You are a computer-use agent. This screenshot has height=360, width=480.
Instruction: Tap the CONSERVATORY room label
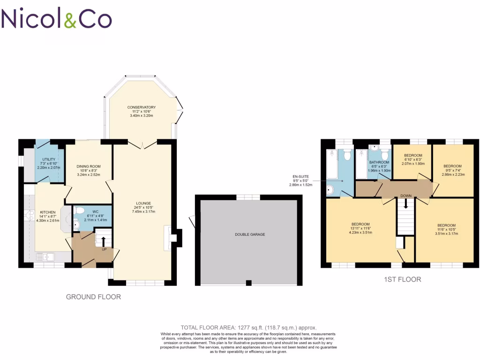pos(141,107)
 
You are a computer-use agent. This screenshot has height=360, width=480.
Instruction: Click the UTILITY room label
pos(49,160)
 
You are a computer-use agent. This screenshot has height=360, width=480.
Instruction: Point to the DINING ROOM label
pos(89,166)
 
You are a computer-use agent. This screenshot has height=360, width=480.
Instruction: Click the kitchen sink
pos(46,256)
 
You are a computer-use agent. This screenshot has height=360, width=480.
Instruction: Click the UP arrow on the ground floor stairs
pos(103,241)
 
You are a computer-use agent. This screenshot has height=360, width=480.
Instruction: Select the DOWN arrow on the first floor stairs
pos(406,204)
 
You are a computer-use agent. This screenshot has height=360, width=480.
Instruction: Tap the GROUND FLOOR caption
pos(93,297)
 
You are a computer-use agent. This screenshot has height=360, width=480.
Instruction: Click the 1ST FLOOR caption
pos(402,279)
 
